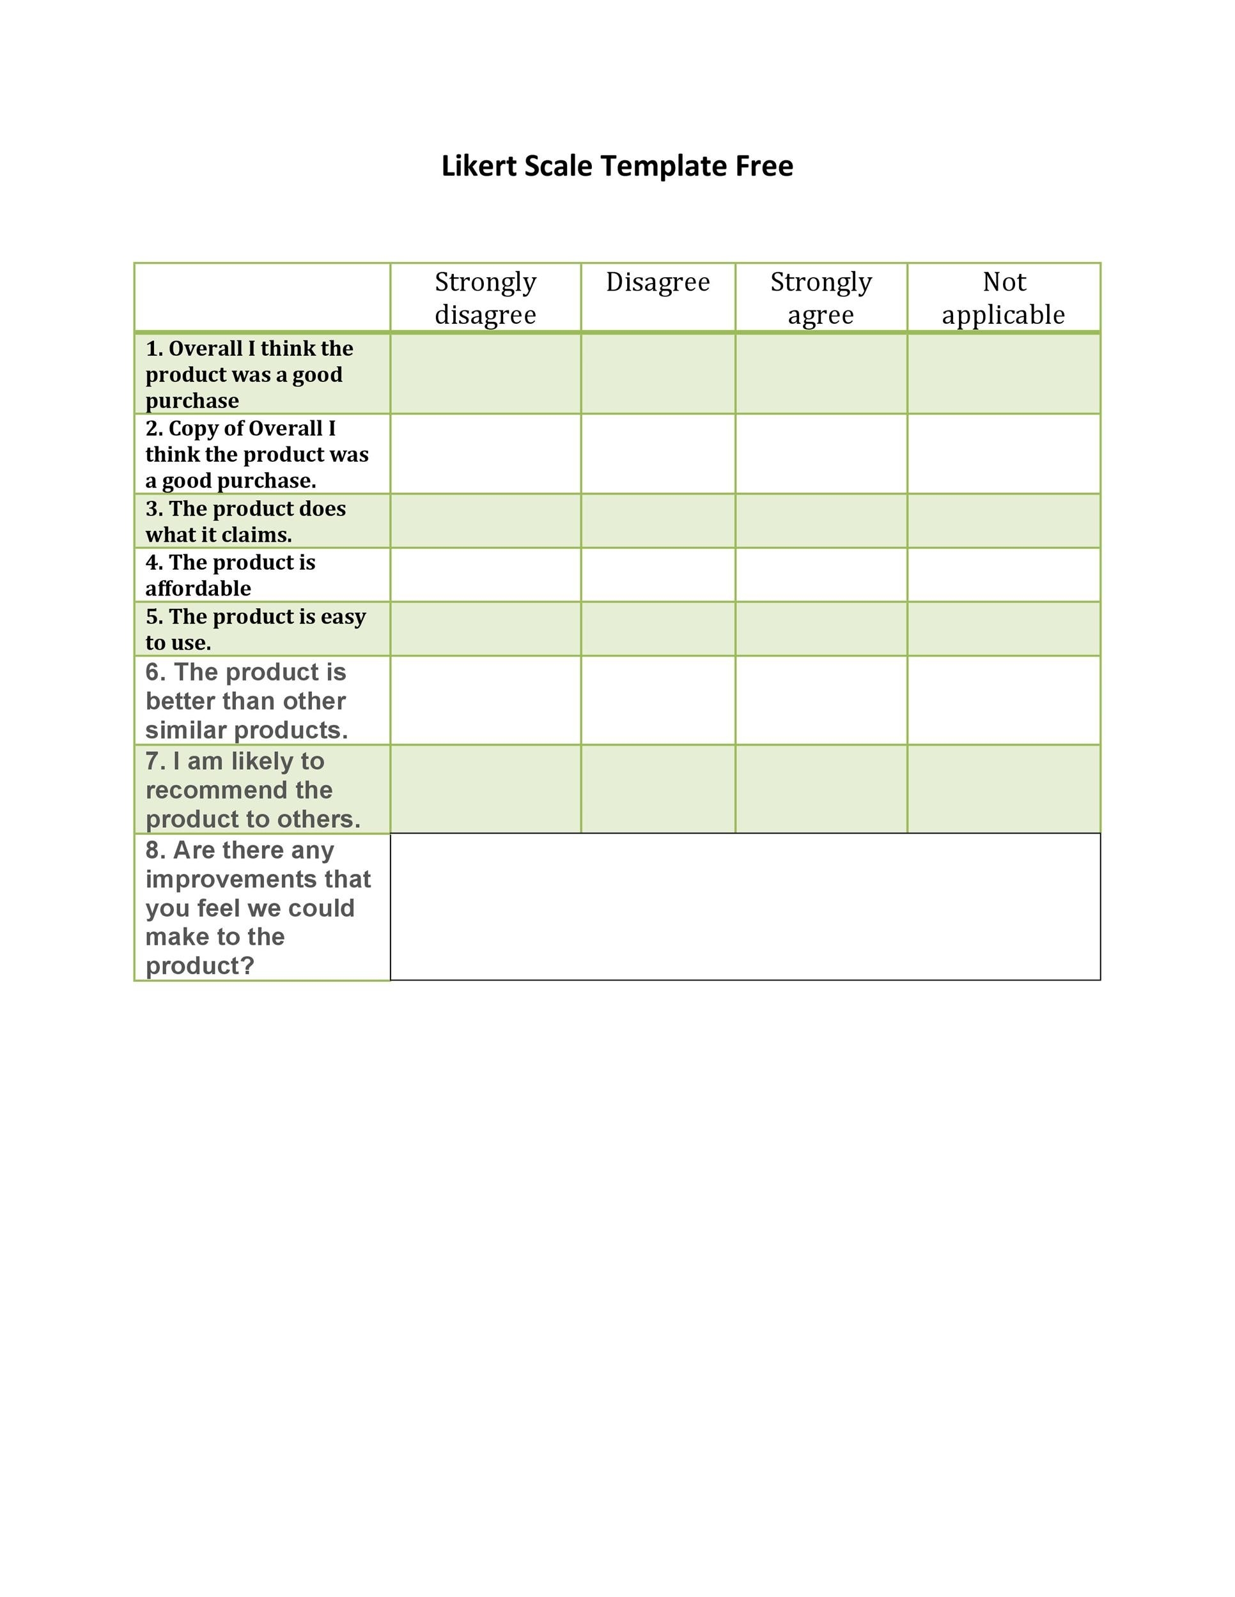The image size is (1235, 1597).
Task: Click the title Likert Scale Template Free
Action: [617, 166]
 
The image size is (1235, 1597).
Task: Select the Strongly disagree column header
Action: [485, 298]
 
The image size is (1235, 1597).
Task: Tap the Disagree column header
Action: [658, 282]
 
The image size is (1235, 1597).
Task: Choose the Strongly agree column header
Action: [821, 298]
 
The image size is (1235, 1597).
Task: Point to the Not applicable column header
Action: [1003, 298]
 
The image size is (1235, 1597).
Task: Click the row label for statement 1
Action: [249, 374]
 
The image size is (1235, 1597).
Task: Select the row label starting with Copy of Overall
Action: [256, 454]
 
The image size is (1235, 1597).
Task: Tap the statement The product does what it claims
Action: [245, 521]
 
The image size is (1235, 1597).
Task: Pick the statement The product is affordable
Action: [229, 575]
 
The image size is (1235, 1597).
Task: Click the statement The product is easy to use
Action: [254, 629]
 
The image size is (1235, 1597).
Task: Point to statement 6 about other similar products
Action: [246, 701]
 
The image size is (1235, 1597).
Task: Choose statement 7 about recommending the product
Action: [252, 790]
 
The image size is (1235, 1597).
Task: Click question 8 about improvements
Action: [258, 908]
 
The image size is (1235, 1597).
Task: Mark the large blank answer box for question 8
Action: [745, 906]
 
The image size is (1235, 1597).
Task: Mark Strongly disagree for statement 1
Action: [485, 374]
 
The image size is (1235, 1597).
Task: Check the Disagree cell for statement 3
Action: [658, 521]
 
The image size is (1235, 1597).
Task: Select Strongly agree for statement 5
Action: [821, 629]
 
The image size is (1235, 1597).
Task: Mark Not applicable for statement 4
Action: [1003, 575]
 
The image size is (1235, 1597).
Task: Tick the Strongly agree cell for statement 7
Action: [821, 789]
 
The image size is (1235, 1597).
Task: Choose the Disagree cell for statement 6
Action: [658, 701]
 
